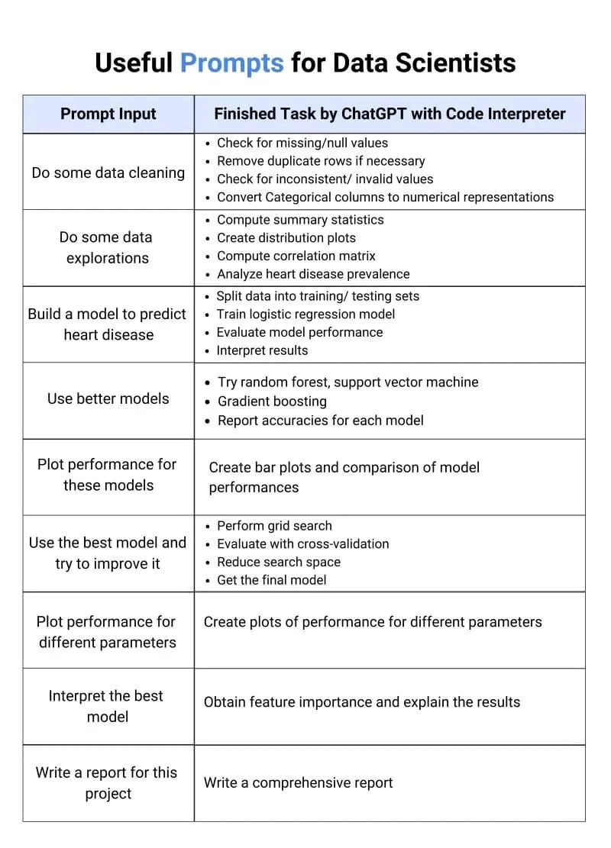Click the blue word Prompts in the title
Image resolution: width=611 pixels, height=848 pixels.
[231, 63]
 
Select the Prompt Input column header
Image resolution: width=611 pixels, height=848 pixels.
[108, 114]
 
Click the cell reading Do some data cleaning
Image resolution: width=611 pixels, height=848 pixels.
[108, 173]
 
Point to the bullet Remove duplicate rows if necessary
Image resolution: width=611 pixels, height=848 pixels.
[321, 161]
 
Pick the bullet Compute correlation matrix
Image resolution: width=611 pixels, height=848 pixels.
[296, 256]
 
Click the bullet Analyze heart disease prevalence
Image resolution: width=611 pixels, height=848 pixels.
[313, 274]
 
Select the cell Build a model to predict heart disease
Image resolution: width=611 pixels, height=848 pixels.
[108, 324]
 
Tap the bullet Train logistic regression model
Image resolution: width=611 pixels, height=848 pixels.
[305, 314]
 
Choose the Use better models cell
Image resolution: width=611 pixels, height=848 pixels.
[108, 398]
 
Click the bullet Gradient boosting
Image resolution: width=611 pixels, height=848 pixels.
[272, 401]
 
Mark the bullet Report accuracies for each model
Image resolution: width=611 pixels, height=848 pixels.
[321, 421]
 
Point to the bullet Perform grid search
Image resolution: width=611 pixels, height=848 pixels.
[274, 526]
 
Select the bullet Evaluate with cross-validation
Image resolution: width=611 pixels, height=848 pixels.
[303, 544]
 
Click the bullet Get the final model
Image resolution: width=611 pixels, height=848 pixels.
[271, 580]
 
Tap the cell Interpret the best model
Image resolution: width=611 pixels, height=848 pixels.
[106, 706]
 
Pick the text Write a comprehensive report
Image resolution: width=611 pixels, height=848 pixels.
[298, 783]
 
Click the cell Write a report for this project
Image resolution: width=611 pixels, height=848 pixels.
[106, 783]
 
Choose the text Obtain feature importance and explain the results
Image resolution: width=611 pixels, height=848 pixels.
[361, 702]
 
